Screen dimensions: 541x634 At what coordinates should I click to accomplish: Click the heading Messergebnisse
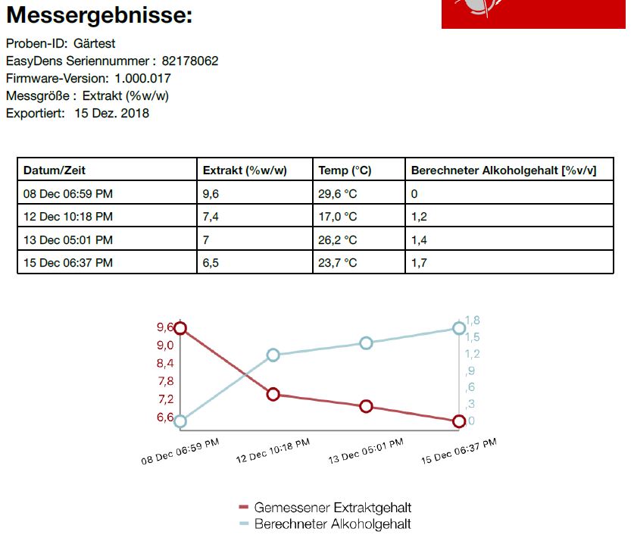(99, 15)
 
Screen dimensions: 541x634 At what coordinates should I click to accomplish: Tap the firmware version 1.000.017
(143, 79)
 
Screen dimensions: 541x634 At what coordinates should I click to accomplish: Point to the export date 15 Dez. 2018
(112, 114)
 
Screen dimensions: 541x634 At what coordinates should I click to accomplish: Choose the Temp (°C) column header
(345, 170)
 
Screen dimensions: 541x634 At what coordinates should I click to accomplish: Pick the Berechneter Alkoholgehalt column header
(503, 170)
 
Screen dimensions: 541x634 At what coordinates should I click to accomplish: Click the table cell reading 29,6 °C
(337, 194)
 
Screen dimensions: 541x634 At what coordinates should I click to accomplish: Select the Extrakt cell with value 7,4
(211, 217)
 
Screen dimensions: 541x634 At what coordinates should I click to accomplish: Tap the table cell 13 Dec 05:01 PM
(68, 240)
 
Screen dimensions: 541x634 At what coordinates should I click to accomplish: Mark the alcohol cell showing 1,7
(419, 263)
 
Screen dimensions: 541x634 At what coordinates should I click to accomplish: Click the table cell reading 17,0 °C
(337, 217)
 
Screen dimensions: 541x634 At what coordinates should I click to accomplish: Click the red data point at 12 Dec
(273, 394)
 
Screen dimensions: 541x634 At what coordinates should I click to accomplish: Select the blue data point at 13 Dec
(367, 343)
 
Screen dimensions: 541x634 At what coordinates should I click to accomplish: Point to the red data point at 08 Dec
(180, 328)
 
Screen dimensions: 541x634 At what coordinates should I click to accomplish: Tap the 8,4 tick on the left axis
(165, 363)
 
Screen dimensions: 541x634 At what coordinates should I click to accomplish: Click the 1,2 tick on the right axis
(472, 354)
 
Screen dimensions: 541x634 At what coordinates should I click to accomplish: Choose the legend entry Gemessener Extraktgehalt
(333, 508)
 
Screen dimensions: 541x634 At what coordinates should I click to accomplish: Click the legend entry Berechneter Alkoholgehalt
(333, 524)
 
